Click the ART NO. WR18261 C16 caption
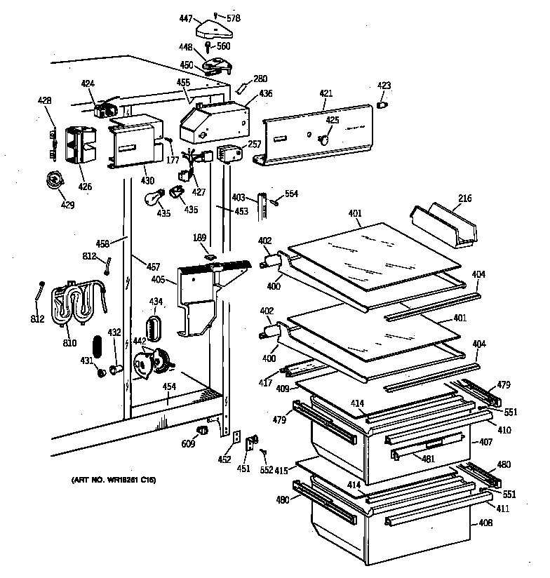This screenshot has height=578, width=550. (x=113, y=480)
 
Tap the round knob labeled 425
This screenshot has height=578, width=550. (x=326, y=139)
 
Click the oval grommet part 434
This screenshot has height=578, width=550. (x=154, y=328)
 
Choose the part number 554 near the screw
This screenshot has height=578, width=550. (x=291, y=193)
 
